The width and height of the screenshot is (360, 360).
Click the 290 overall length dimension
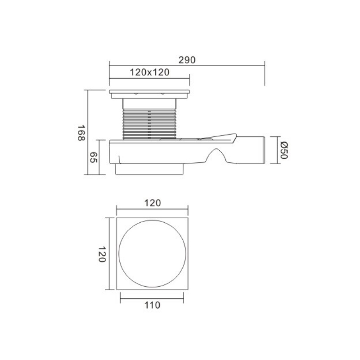click(187, 60)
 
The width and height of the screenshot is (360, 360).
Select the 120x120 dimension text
click(149, 72)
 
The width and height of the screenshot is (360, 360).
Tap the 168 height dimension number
click(81, 133)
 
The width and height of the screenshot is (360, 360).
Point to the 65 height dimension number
click(93, 157)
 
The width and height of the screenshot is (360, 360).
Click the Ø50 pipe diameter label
click(284, 150)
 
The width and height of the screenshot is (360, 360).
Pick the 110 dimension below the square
click(152, 305)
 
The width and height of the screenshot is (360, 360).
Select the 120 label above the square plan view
click(153, 203)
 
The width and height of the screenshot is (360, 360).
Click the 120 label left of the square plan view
click(102, 254)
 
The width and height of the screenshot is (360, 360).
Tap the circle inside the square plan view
click(152, 220)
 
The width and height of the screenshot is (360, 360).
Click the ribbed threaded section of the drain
click(150, 124)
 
